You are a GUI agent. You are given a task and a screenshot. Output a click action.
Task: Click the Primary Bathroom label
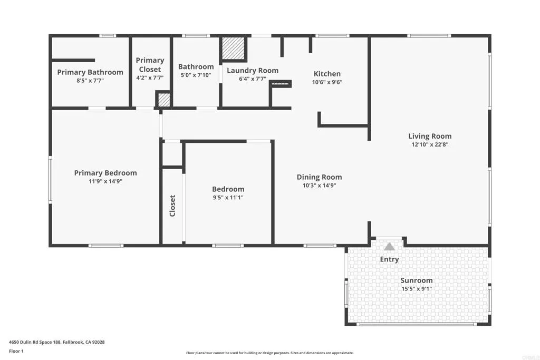[90, 72]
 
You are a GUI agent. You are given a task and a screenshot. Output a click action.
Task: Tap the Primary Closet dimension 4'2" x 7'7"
[150, 77]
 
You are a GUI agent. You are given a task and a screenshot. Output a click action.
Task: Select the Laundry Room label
[253, 71]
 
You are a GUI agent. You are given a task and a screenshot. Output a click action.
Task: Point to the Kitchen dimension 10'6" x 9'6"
[327, 82]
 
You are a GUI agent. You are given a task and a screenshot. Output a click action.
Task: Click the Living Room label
[430, 136]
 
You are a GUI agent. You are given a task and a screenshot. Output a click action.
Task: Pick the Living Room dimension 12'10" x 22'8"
[430, 144]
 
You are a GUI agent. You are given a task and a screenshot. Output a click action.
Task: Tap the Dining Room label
[319, 177]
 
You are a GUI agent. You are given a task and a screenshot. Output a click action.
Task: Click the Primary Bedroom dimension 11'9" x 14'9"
[105, 181]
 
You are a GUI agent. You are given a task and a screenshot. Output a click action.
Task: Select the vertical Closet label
[172, 206]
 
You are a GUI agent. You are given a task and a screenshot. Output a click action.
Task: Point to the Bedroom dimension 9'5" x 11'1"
[228, 198]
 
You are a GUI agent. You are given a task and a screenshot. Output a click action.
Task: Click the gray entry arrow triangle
[389, 246]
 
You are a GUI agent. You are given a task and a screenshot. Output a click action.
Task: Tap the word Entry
[390, 259]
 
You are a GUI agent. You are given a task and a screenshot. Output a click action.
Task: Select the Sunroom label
[416, 280]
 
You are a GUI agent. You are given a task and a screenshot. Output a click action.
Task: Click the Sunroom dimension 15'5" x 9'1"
[416, 289]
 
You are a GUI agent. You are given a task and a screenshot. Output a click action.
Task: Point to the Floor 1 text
[17, 351]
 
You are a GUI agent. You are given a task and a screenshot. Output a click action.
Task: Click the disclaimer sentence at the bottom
[269, 353]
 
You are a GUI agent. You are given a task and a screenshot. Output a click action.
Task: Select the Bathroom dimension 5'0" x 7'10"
[196, 75]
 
